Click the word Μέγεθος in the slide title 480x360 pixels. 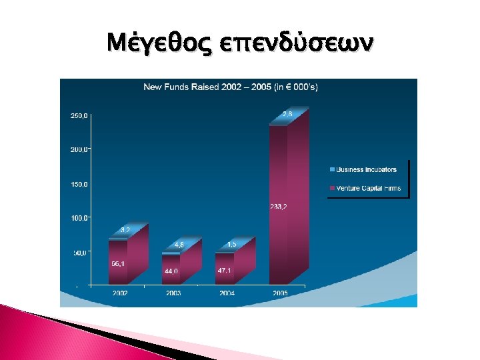point(157,45)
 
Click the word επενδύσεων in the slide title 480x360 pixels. point(291,45)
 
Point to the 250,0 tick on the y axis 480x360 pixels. point(79,116)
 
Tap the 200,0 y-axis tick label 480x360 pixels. point(79,150)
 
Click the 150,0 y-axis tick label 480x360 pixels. point(79,184)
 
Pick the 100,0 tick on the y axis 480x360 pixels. point(79,218)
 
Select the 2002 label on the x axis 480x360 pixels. point(121,293)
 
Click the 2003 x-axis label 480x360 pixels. point(174,293)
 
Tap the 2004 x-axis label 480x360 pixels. point(227,293)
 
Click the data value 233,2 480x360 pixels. point(279,206)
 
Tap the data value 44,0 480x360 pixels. point(171,271)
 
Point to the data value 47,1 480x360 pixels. point(225,271)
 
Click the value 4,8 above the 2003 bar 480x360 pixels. point(179,245)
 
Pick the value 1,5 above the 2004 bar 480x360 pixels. point(231,245)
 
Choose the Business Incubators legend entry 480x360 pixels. point(365,170)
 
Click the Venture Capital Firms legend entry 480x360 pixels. point(367,189)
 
